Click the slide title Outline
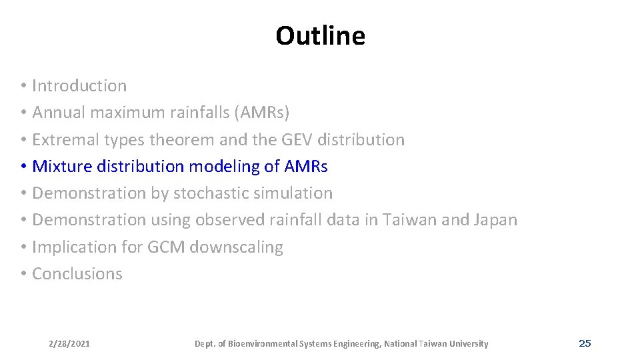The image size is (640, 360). pyautogui.click(x=320, y=36)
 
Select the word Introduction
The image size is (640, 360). pyautogui.click(x=79, y=86)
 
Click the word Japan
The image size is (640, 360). pyautogui.click(x=495, y=220)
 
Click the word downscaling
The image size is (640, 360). pyautogui.click(x=237, y=247)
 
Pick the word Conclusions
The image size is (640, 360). pyautogui.click(x=77, y=274)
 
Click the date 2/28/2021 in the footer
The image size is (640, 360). pyautogui.click(x=69, y=344)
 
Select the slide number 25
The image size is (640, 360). pyautogui.click(x=585, y=343)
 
